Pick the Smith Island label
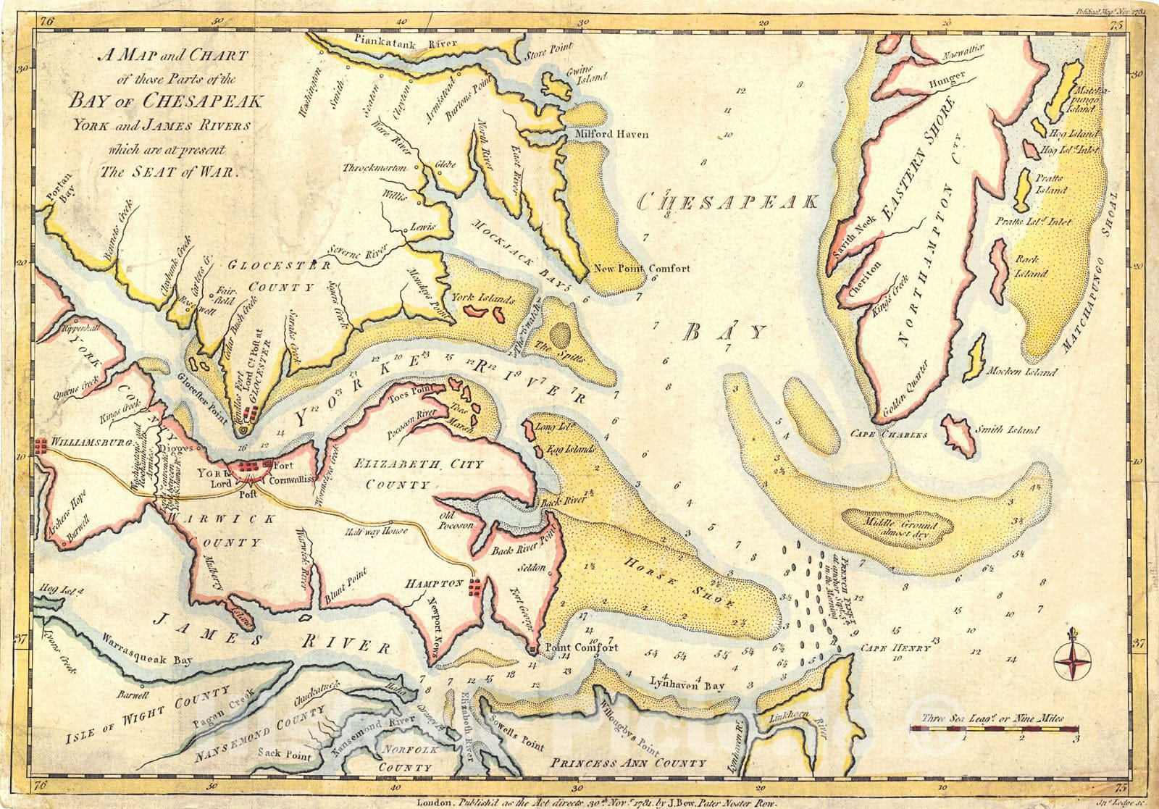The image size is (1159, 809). pyautogui.click(x=1008, y=429)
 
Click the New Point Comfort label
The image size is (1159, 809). pyautogui.click(x=642, y=268)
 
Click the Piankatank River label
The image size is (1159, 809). pyautogui.click(x=401, y=43)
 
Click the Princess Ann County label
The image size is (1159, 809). pyautogui.click(x=627, y=763)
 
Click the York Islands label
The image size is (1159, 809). pyautogui.click(x=482, y=298)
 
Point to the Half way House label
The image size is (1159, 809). pyautogui.click(x=377, y=531)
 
